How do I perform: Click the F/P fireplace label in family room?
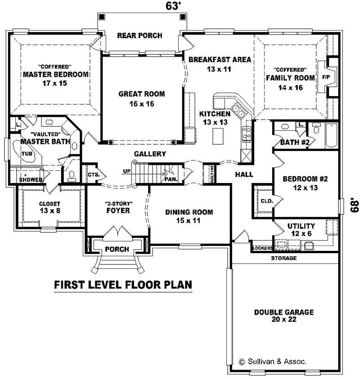325,77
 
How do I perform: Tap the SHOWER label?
31,180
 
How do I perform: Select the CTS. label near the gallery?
94,174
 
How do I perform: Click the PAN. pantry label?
171,179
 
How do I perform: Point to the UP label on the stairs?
127,171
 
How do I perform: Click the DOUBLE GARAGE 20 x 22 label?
283,316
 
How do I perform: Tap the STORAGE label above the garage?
283,258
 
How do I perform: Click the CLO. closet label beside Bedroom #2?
266,201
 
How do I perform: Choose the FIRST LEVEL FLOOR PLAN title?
123,284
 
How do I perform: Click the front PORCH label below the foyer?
117,249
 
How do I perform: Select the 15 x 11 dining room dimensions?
189,220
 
